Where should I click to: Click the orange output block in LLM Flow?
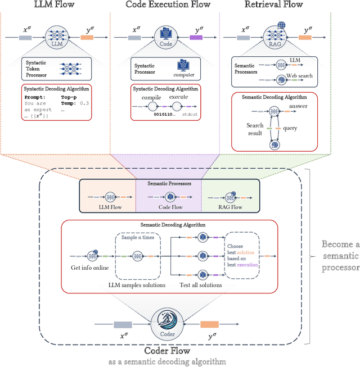(x=87, y=38)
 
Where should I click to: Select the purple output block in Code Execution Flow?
(x=196, y=38)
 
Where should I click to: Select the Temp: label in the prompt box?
(x=69, y=103)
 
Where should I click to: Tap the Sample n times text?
(x=138, y=238)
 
